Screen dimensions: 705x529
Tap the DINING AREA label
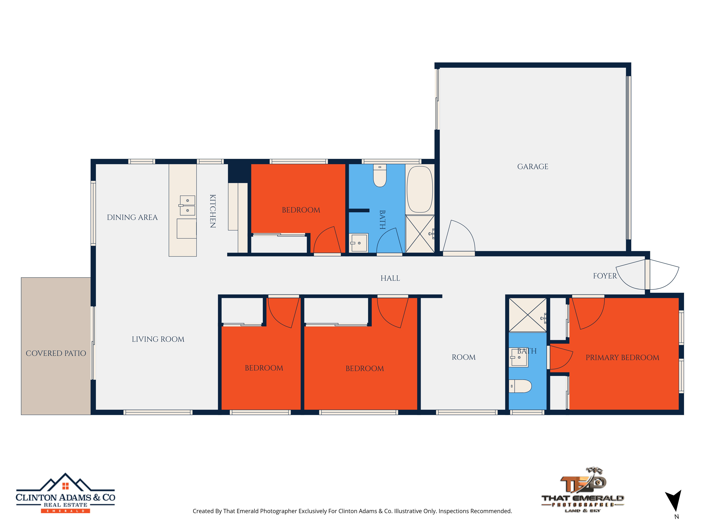click(x=132, y=217)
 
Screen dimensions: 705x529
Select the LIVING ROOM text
click(x=158, y=339)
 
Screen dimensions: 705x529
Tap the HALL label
click(x=390, y=278)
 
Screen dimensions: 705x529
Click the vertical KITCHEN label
click(x=213, y=211)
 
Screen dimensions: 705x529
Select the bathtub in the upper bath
click(x=420, y=189)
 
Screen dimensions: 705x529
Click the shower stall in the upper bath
click(x=420, y=234)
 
